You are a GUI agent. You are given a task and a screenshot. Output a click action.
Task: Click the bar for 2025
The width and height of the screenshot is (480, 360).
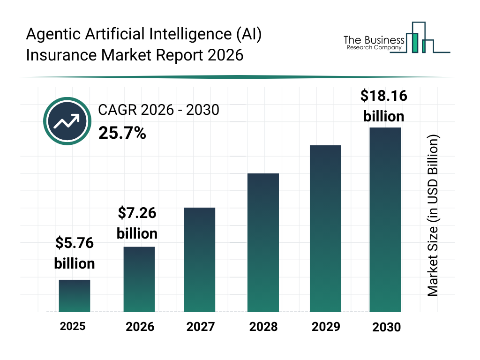(75, 296)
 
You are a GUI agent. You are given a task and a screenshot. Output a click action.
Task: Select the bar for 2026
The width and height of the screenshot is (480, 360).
(139, 279)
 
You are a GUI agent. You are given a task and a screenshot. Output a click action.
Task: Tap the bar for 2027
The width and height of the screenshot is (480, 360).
(200, 260)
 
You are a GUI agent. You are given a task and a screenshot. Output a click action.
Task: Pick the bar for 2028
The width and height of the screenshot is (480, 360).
(263, 243)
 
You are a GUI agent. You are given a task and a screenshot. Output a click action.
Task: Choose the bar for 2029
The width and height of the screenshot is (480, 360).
(325, 229)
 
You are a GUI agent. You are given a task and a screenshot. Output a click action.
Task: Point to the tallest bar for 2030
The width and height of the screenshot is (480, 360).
(385, 219)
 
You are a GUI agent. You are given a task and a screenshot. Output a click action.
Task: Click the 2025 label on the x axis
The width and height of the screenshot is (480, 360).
(73, 326)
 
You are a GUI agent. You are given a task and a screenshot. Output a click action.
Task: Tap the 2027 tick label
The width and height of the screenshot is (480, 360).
(200, 327)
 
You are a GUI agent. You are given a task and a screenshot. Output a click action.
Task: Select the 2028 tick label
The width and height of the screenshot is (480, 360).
(263, 327)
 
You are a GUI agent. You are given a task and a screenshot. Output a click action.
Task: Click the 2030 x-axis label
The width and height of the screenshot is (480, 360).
(387, 327)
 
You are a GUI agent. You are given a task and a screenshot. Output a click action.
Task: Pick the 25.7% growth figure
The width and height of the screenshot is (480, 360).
(122, 134)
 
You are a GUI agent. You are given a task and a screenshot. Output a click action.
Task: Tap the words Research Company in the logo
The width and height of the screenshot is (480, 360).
(374, 48)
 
